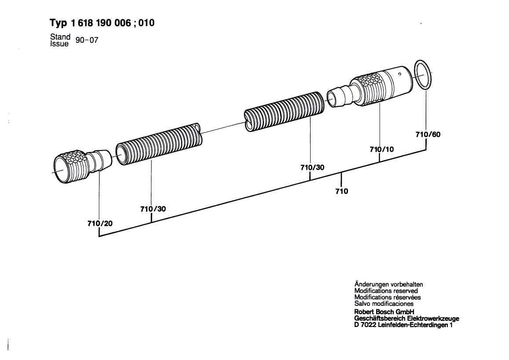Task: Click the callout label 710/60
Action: tap(428, 134)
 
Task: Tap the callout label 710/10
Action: tap(381, 149)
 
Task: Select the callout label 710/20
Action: tap(100, 223)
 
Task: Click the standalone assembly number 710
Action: tap(341, 191)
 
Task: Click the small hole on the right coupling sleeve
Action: tap(399, 74)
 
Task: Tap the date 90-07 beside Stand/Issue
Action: tap(87, 40)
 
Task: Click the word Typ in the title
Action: tap(59, 23)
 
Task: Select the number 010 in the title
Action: tap(146, 23)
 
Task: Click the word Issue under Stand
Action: tap(59, 44)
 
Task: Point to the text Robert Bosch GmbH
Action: tap(384, 312)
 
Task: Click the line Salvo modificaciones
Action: tap(384, 304)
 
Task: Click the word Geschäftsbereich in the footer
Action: tap(380, 319)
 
